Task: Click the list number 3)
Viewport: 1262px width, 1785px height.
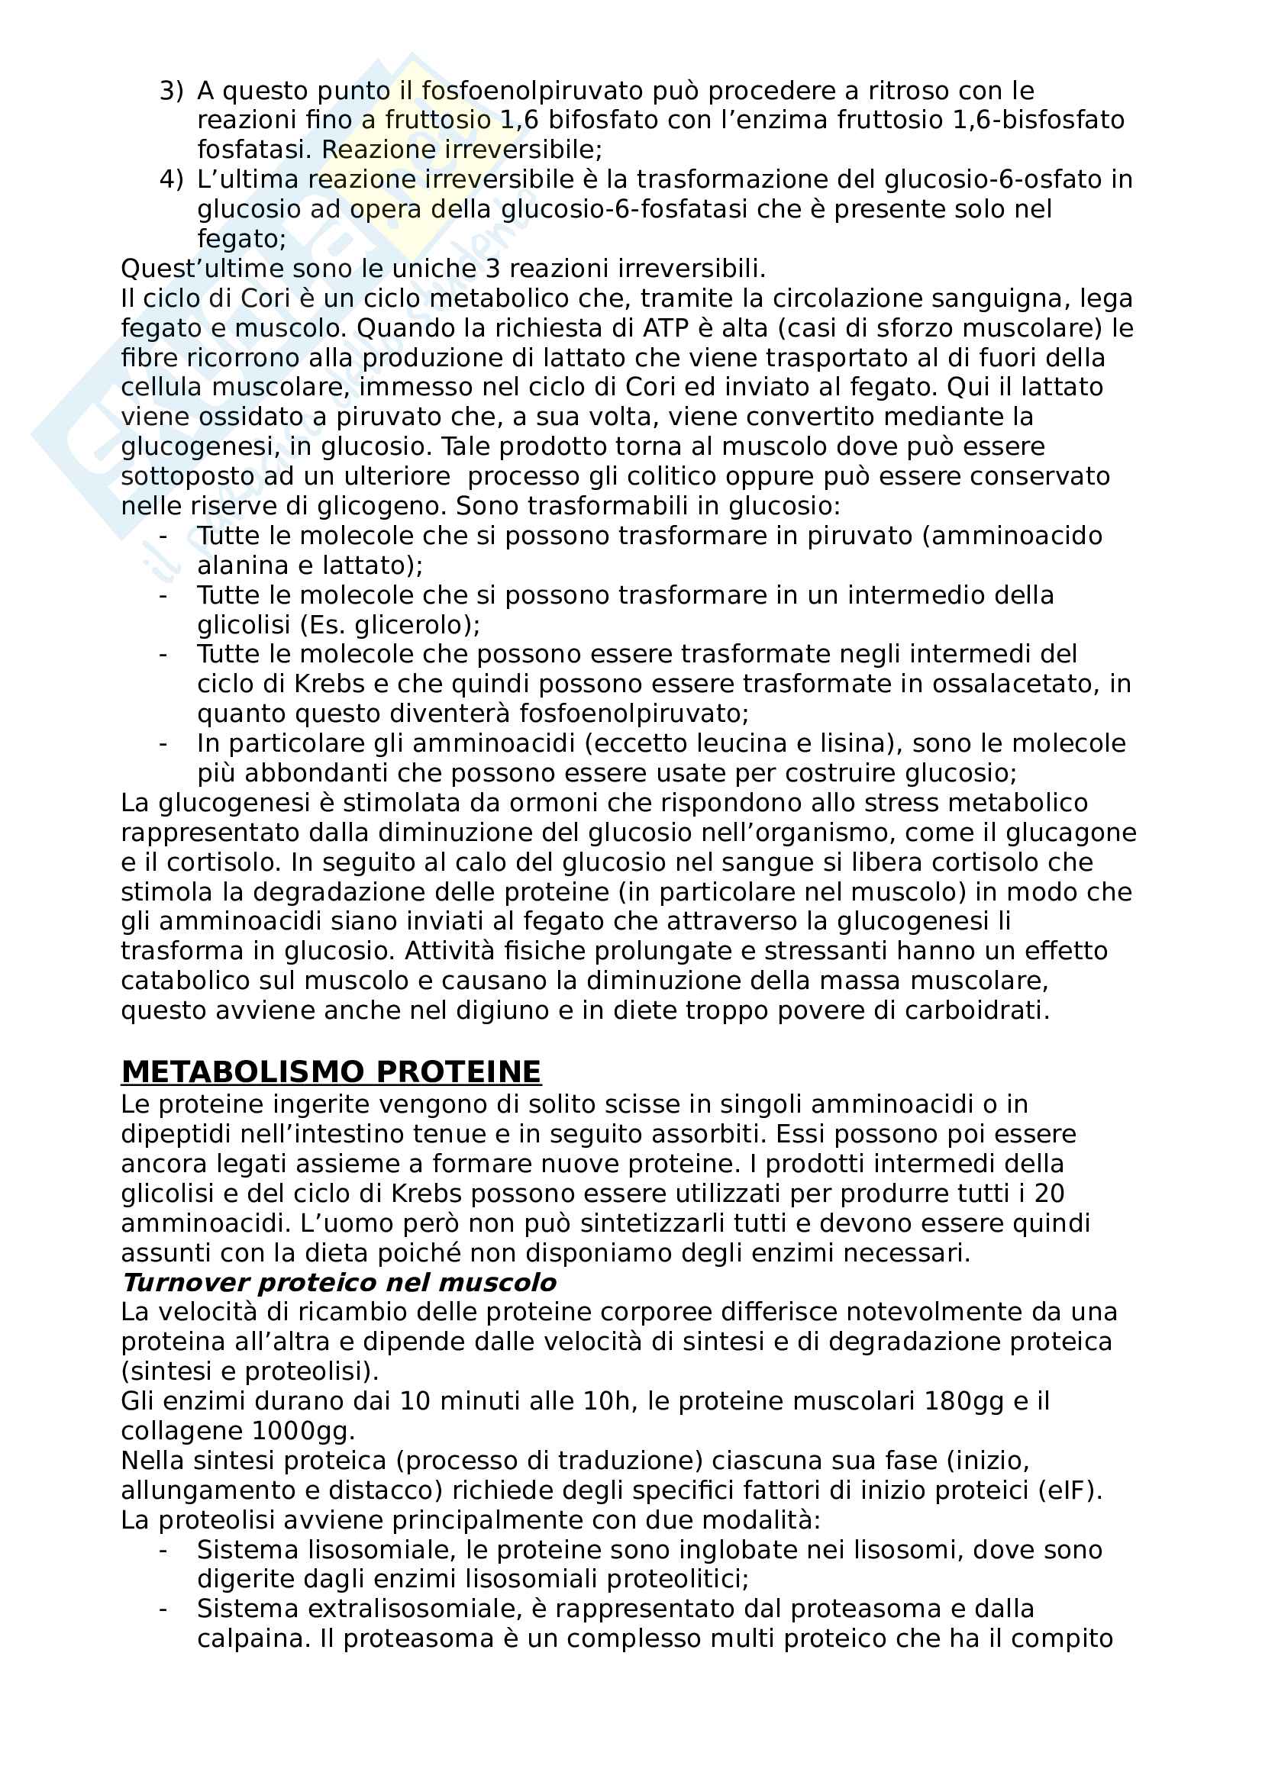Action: click(x=171, y=91)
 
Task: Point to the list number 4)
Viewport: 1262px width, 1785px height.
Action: click(x=171, y=179)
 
